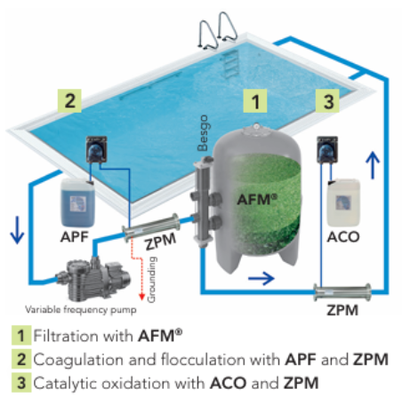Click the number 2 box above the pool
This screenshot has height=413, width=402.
click(x=69, y=100)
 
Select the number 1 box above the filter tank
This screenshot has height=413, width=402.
click(x=255, y=101)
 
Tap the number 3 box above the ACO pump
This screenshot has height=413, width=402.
click(x=327, y=101)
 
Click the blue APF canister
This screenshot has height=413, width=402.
click(x=77, y=203)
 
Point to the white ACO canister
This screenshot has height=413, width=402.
click(x=343, y=203)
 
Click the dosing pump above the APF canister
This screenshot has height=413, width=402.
click(x=96, y=149)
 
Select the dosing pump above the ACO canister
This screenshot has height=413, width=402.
click(x=327, y=149)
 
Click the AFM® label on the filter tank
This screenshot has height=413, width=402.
click(x=257, y=199)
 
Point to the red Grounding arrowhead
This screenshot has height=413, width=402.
click(x=142, y=297)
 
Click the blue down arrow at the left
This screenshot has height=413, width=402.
click(x=17, y=230)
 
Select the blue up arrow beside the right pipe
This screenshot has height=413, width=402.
click(x=373, y=165)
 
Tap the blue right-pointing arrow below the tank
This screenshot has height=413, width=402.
click(x=261, y=278)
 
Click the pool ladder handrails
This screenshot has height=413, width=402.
click(x=218, y=30)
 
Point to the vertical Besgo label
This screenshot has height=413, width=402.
click(x=204, y=133)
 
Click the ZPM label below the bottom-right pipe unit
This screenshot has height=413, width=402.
click(x=342, y=310)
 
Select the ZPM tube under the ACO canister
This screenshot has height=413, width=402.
click(x=342, y=292)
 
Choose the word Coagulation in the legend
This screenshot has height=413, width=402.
click(x=78, y=361)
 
